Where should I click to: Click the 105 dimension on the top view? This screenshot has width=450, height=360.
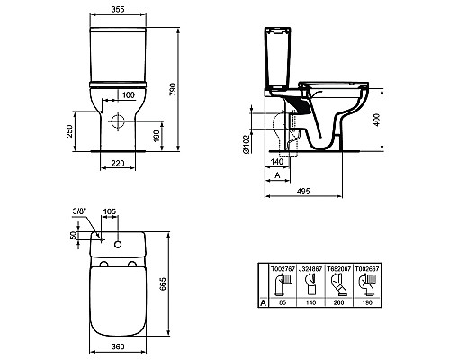(111, 213)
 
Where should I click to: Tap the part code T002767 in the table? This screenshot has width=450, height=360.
(282, 268)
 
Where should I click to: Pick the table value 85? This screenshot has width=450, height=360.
(282, 304)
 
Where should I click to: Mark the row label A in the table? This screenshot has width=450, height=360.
(262, 304)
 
